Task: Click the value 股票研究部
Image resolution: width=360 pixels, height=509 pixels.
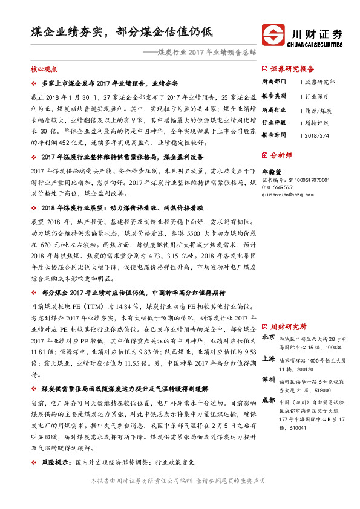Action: coord(320,82)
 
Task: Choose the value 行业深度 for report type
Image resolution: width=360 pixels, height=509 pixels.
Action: coord(318,96)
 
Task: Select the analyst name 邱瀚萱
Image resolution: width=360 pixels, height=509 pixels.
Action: coord(271,172)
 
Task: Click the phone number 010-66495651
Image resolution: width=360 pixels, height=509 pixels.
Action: coord(279,187)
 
